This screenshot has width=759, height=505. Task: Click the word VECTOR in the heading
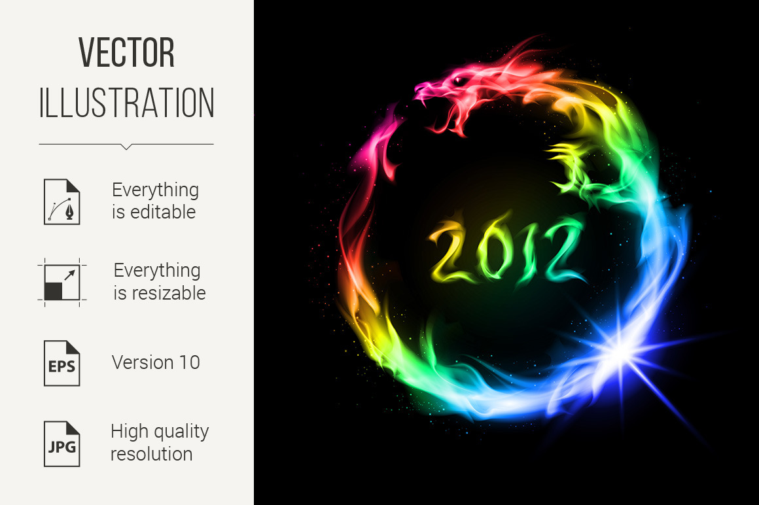tap(126, 52)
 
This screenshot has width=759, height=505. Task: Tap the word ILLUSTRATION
tap(126, 103)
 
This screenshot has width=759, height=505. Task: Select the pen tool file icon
tap(62, 201)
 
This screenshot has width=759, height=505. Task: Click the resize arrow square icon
tap(62, 283)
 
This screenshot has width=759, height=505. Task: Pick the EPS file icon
tap(62, 363)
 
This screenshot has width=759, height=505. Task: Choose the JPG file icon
tap(62, 444)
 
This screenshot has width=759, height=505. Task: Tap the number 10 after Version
tap(190, 362)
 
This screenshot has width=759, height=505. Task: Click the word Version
tap(143, 362)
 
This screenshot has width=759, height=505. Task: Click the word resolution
tap(152, 454)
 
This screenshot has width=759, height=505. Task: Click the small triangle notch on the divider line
tap(126, 147)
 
